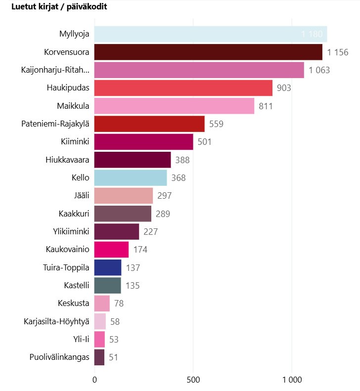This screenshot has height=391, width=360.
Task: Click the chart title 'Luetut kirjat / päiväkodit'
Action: tap(59, 7)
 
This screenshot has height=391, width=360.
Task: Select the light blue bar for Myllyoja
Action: tap(210, 34)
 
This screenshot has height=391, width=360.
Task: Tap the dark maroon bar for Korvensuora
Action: tap(208, 52)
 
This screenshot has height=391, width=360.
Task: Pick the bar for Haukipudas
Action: tap(183, 88)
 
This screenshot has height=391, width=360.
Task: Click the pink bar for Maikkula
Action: tap(174, 106)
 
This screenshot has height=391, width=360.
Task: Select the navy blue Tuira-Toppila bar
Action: tap(108, 267)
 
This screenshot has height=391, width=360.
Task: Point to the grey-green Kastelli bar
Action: tap(107, 285)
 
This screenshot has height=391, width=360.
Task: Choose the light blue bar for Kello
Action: tap(131, 177)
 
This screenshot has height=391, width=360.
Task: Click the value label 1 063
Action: tap(319, 70)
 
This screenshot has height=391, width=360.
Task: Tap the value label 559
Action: tap(217, 124)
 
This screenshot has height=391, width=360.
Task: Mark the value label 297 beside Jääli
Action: tap(164, 196)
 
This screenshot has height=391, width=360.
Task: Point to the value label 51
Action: tap(114, 357)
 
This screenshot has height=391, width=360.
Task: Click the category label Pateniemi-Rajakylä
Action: tap(55, 124)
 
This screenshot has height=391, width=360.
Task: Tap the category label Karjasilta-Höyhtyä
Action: tap(56, 321)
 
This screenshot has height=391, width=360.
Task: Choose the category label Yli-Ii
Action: tap(81, 339)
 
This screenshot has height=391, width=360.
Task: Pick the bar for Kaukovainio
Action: tap(111, 250)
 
